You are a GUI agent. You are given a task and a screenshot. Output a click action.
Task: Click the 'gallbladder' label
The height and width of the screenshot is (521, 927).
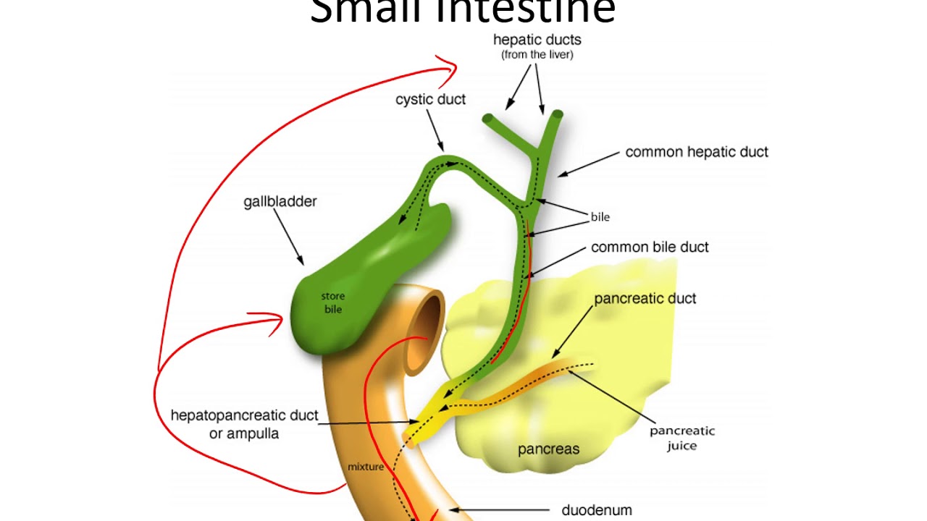point(280,201)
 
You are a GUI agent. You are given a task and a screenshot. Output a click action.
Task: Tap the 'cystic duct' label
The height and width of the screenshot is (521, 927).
point(430,99)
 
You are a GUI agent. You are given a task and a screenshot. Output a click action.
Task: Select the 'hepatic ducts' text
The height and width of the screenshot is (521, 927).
point(537,40)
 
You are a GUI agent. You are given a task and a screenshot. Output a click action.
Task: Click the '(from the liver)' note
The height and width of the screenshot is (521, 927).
point(537,55)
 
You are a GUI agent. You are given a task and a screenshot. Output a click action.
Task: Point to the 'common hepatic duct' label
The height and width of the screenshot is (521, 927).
point(697,152)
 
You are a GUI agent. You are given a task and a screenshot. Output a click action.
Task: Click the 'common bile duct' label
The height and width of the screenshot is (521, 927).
point(650,247)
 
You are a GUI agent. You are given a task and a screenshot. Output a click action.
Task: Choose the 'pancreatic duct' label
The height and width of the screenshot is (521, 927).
point(645,298)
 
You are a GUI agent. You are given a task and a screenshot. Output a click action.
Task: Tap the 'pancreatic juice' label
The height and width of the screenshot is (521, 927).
point(681,438)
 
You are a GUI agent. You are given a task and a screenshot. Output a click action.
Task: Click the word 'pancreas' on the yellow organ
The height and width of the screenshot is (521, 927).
point(548,449)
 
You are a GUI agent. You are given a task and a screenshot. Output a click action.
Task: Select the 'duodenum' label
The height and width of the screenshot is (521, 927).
point(597,510)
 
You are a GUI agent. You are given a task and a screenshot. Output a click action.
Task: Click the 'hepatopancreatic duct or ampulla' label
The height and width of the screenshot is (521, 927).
point(244,424)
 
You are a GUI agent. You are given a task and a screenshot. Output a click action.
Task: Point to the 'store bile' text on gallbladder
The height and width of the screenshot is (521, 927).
point(333,302)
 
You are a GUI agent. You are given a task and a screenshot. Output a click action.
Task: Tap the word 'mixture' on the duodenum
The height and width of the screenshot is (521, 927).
point(365,467)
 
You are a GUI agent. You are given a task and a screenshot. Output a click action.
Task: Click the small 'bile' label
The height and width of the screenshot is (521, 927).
point(600,216)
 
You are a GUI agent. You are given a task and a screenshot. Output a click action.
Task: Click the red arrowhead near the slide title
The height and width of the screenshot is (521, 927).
point(450,69)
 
